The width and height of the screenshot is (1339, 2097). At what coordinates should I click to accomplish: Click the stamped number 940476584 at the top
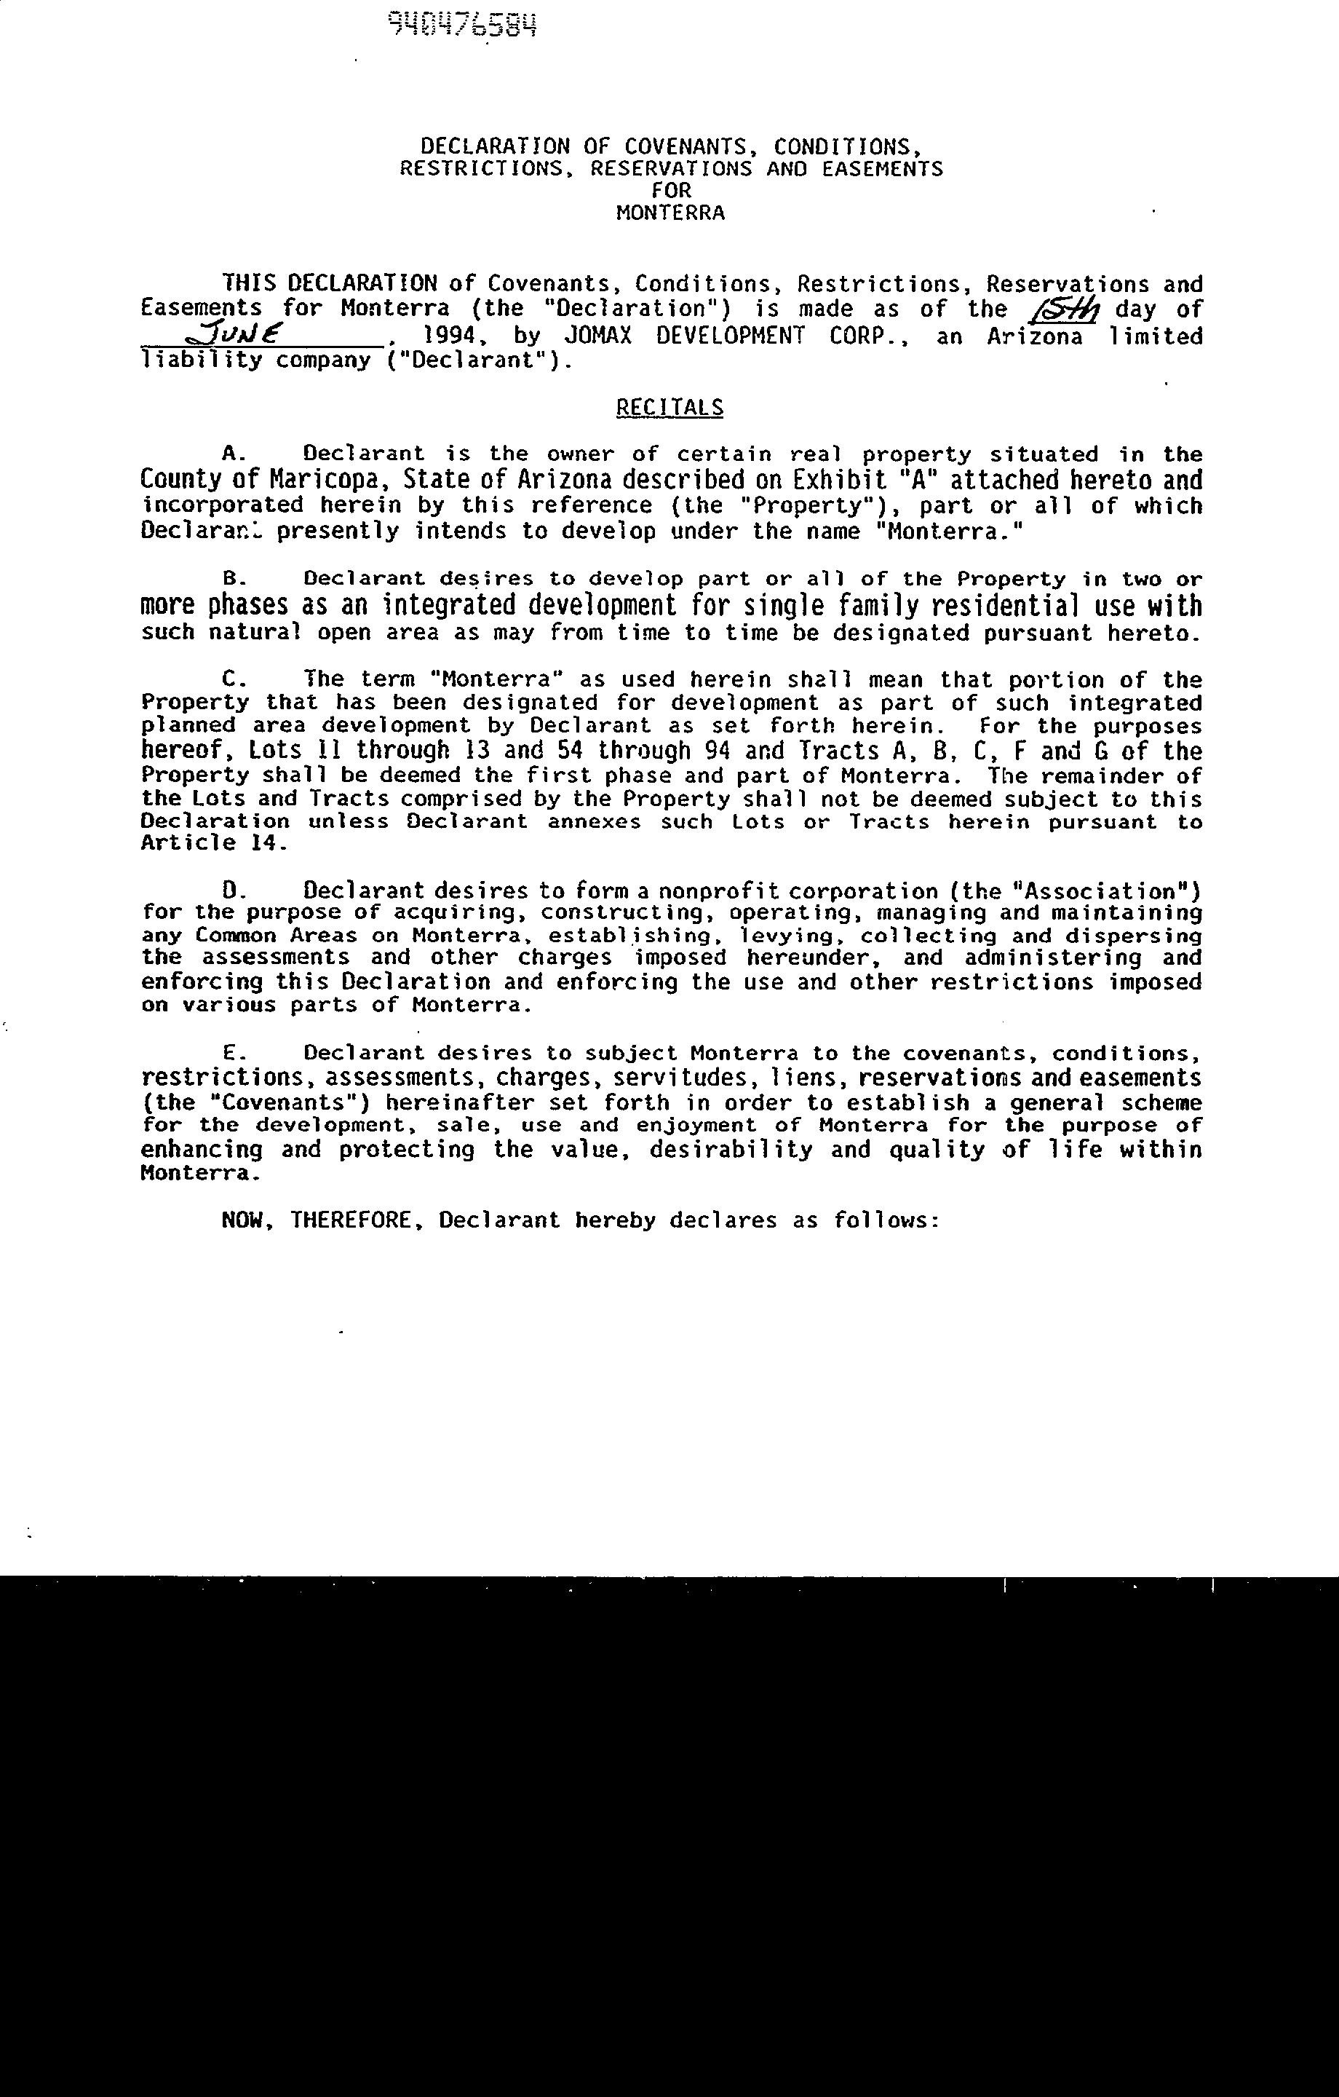pos(462,26)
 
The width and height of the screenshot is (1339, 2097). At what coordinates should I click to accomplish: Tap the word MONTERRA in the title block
pos(669,213)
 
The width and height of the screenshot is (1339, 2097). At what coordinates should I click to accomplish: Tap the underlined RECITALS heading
pos(669,408)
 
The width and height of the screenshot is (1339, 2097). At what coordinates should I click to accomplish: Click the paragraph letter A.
pos(231,454)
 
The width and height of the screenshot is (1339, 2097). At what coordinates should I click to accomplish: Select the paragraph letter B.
pos(231,579)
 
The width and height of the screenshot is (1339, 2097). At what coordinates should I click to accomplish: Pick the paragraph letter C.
pos(231,679)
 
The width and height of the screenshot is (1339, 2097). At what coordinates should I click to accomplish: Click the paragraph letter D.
pos(231,891)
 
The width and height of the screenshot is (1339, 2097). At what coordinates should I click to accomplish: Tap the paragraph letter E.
pos(231,1054)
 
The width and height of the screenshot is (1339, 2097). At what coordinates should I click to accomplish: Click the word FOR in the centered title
pos(670,191)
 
